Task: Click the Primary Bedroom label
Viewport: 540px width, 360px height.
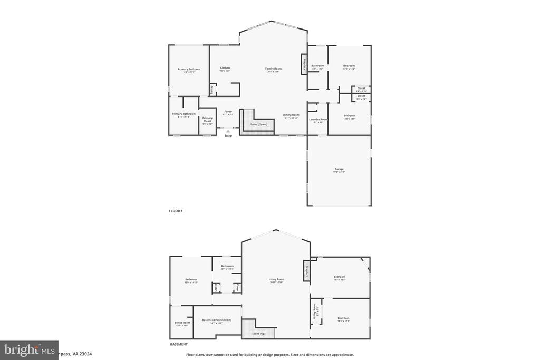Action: (x=189, y=70)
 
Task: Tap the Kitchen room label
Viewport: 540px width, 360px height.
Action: (x=225, y=68)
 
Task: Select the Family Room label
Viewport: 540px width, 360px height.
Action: (x=273, y=69)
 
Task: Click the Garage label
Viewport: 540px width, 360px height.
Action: (x=339, y=169)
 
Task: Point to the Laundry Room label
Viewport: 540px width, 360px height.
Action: (x=318, y=120)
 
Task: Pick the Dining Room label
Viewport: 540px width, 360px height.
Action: (x=291, y=115)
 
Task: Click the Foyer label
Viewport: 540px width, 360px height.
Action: (x=228, y=111)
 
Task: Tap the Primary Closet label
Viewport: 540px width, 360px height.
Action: (x=207, y=118)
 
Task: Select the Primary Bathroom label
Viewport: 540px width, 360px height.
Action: (x=184, y=114)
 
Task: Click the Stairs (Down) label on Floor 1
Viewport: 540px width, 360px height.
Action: (x=258, y=124)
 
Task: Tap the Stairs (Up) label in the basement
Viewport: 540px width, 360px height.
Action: (x=252, y=334)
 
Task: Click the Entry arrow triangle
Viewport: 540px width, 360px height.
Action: (x=228, y=131)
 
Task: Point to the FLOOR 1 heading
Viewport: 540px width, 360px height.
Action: (x=176, y=211)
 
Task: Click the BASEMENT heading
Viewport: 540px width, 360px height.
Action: (x=178, y=344)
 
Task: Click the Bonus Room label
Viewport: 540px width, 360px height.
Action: (x=182, y=323)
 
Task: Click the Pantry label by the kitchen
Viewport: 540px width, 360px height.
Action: (x=212, y=90)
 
